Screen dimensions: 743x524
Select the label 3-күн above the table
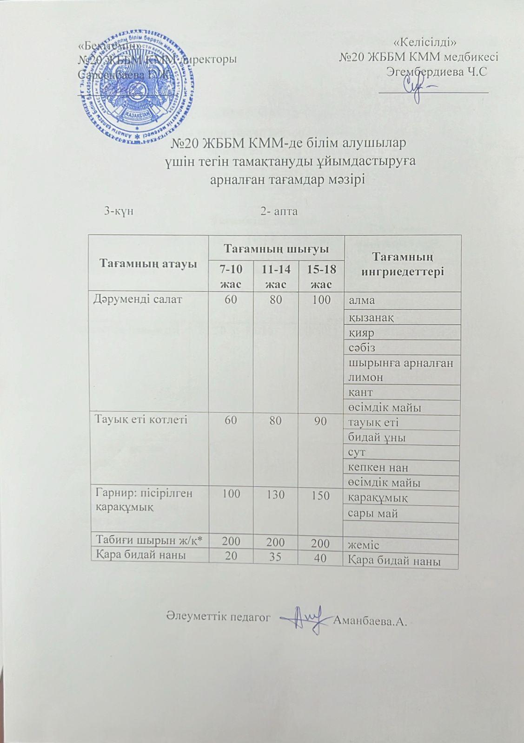coord(119,212)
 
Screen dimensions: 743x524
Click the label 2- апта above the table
coord(279,212)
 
